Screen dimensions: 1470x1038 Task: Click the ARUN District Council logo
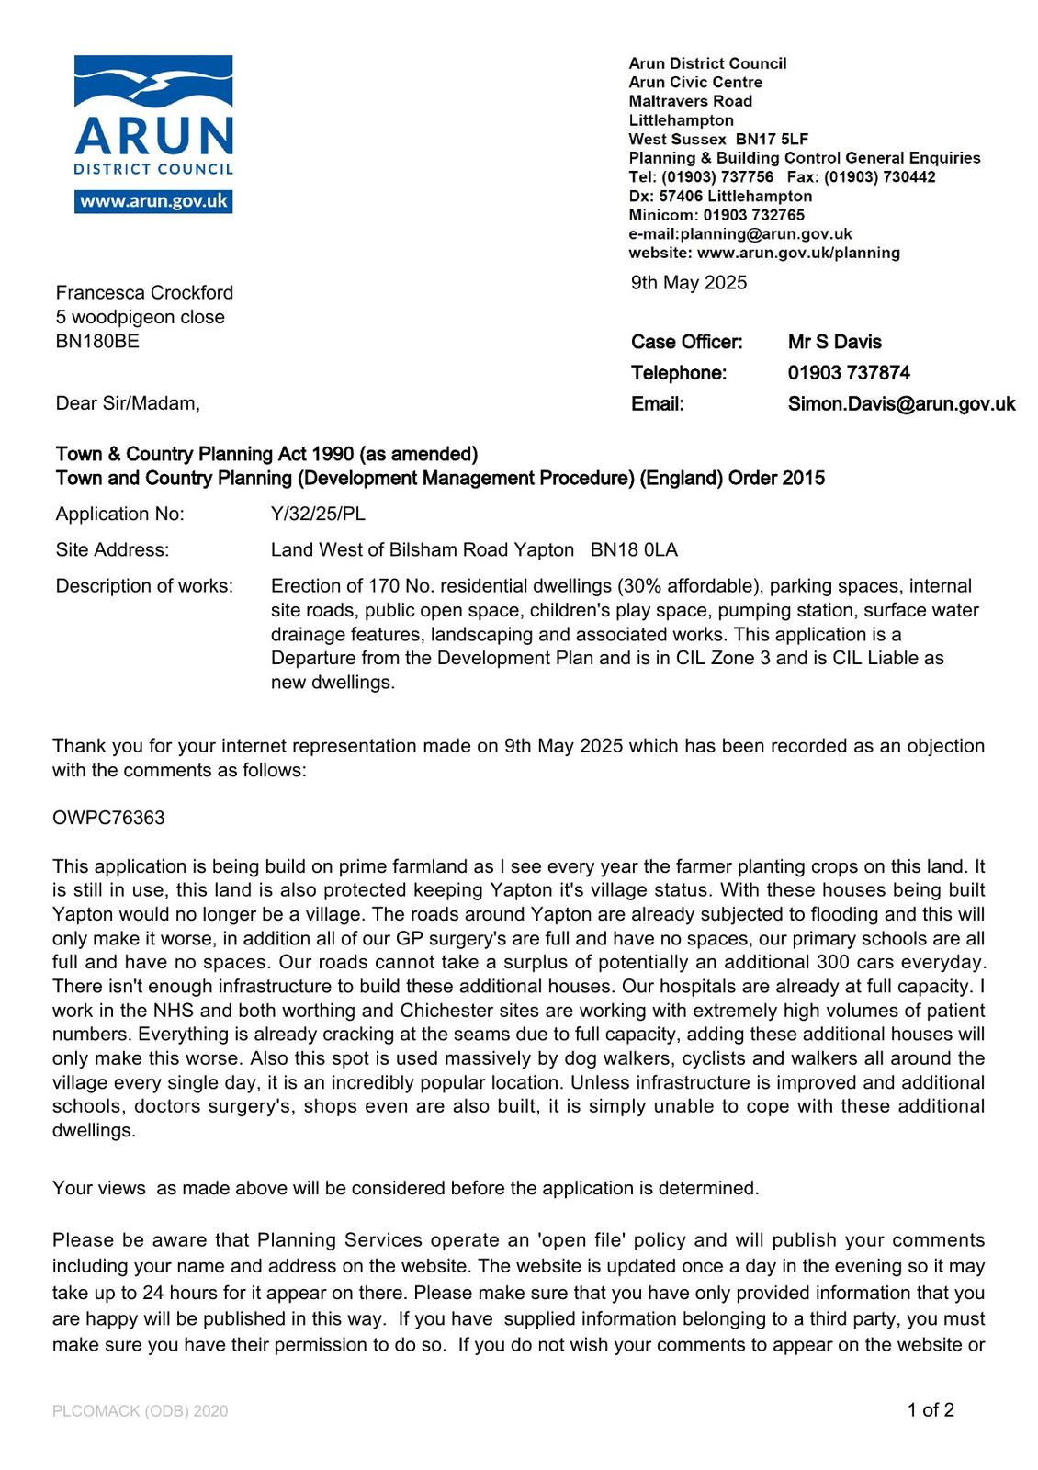coord(153,115)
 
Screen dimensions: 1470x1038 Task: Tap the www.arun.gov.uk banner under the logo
coord(153,202)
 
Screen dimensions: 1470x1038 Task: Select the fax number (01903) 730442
coord(879,177)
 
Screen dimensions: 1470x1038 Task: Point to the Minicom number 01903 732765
coord(753,215)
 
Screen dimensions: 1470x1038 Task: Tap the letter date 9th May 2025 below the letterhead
coord(688,283)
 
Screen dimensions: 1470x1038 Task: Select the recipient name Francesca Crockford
coord(144,293)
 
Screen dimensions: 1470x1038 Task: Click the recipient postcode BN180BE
coord(97,342)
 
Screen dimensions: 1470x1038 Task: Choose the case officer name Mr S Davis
coord(834,343)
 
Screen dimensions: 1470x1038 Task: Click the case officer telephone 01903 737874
coord(849,373)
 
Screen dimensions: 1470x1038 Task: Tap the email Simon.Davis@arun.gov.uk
coord(901,404)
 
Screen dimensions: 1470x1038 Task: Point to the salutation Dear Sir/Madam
coord(127,403)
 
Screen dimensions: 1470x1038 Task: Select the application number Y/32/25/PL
coord(318,514)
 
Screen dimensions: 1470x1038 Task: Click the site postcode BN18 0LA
coord(634,550)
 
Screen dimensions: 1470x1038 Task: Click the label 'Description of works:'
coord(144,586)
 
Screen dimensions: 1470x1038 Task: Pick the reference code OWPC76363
coord(108,818)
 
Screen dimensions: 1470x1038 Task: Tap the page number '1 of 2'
coord(931,1410)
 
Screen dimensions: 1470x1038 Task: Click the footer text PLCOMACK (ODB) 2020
coord(140,1411)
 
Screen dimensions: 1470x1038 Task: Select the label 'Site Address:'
coord(112,550)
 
